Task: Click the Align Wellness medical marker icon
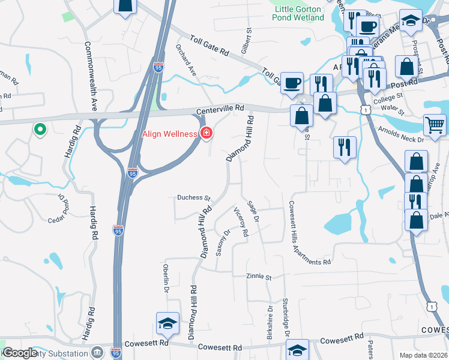click(x=206, y=133)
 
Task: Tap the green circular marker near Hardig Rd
click(x=40, y=128)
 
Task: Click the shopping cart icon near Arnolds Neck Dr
click(x=435, y=125)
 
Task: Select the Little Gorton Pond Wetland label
click(x=300, y=13)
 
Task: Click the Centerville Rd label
click(x=220, y=109)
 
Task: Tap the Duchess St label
click(x=193, y=197)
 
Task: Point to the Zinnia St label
click(x=259, y=277)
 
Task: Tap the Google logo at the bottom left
click(x=20, y=353)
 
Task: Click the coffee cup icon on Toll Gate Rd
click(x=292, y=83)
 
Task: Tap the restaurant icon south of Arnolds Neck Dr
click(x=345, y=147)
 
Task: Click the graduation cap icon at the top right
click(x=411, y=22)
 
